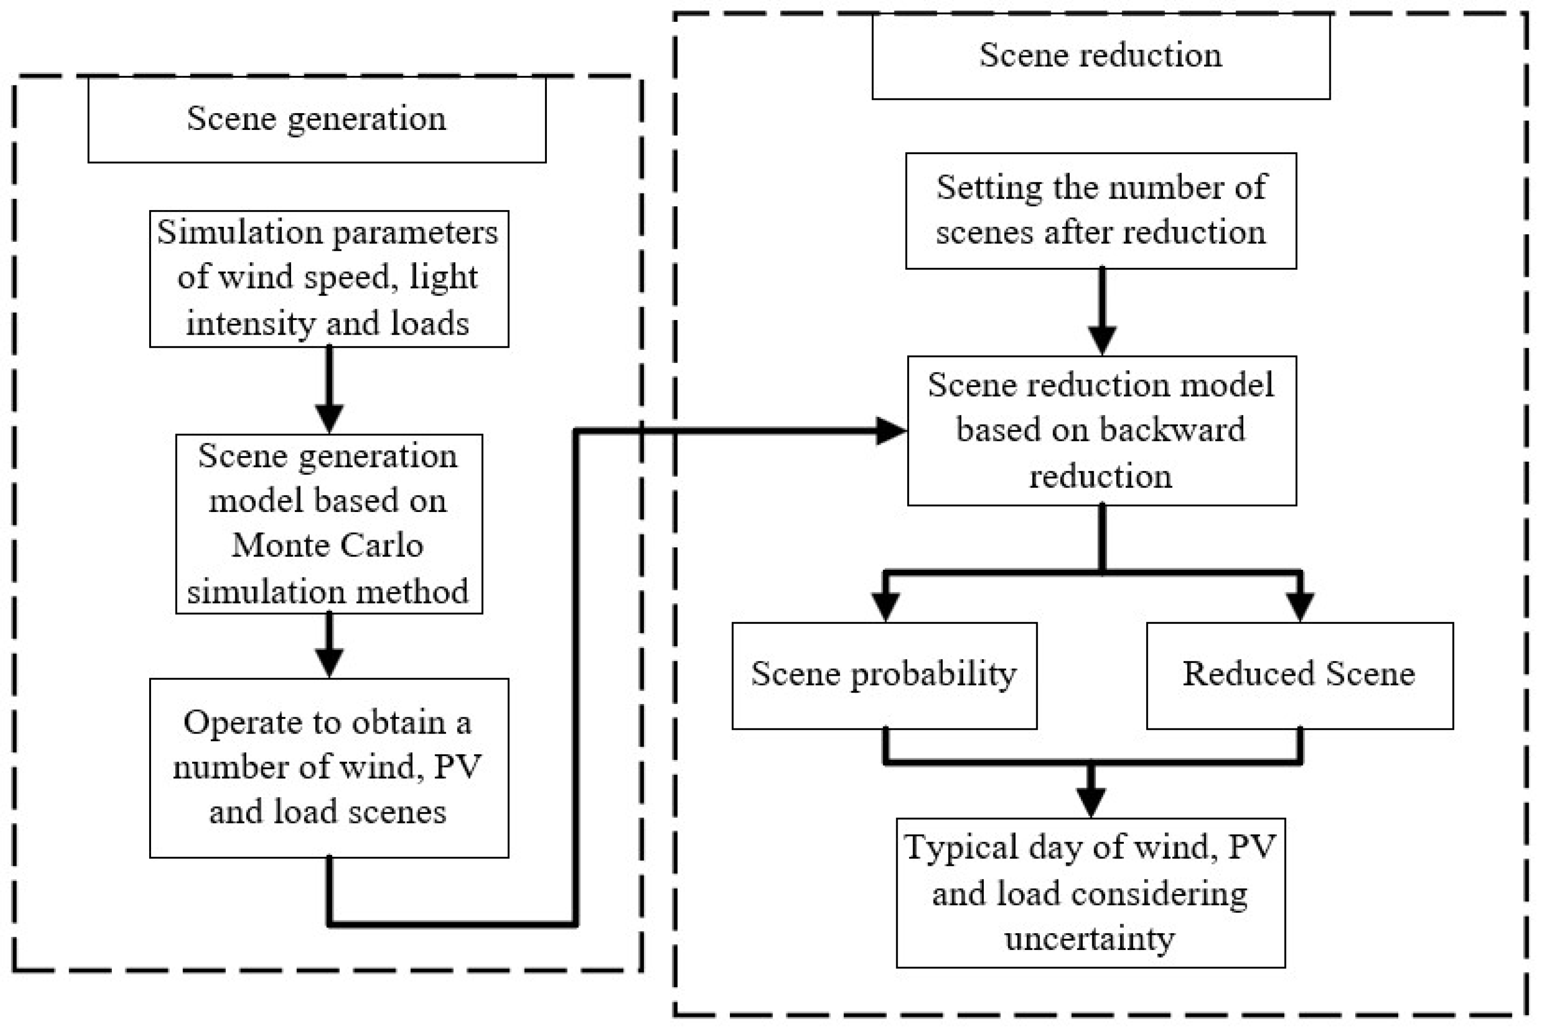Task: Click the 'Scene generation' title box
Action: pos(317,119)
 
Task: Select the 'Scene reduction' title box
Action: pos(1100,55)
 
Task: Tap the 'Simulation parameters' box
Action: pos(328,278)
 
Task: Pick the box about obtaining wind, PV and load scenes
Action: pos(328,767)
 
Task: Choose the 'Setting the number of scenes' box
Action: pos(1100,210)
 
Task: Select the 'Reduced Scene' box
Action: pos(1299,675)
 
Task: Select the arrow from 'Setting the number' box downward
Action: pos(1102,310)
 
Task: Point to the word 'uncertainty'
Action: pos(1089,939)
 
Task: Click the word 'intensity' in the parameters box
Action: pos(250,324)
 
